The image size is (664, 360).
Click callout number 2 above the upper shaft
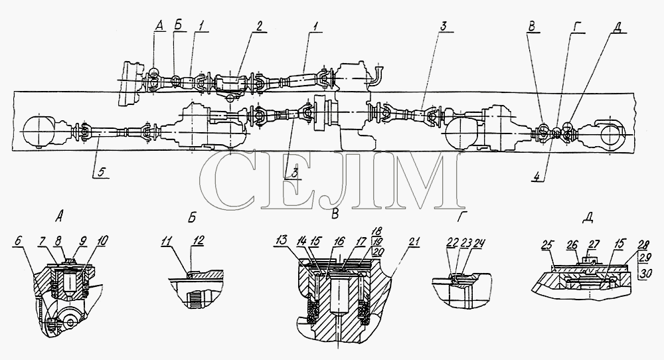(258, 25)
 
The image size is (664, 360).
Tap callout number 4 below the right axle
(537, 177)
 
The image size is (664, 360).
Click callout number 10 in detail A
(101, 240)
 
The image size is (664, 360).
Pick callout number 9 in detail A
(82, 240)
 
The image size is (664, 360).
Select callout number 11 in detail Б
(167, 240)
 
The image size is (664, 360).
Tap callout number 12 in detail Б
(197, 240)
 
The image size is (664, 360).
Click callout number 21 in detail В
(414, 241)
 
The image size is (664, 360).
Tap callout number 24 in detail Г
(479, 242)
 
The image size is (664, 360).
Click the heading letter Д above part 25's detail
(588, 218)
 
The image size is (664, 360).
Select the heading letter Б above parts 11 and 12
(192, 217)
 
